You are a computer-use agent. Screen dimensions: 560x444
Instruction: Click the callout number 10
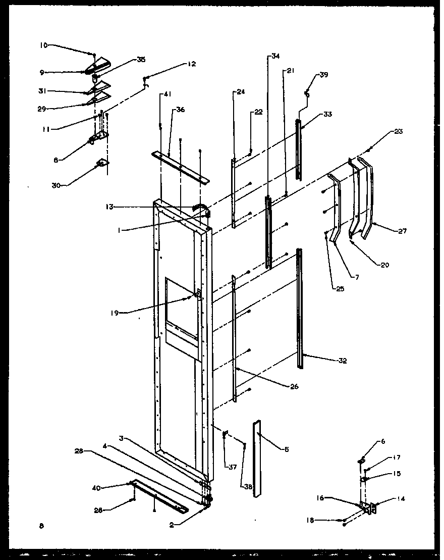(44, 45)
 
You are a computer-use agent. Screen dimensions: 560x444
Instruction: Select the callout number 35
(141, 60)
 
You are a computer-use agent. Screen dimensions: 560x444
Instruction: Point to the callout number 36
(180, 111)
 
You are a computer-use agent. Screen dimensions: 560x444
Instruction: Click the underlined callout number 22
(258, 111)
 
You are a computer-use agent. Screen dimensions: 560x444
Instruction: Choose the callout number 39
(323, 75)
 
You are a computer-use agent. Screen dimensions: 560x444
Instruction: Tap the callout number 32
(343, 361)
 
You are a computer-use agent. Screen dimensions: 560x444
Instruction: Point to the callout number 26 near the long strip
(294, 387)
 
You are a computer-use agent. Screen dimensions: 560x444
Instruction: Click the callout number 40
(96, 487)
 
